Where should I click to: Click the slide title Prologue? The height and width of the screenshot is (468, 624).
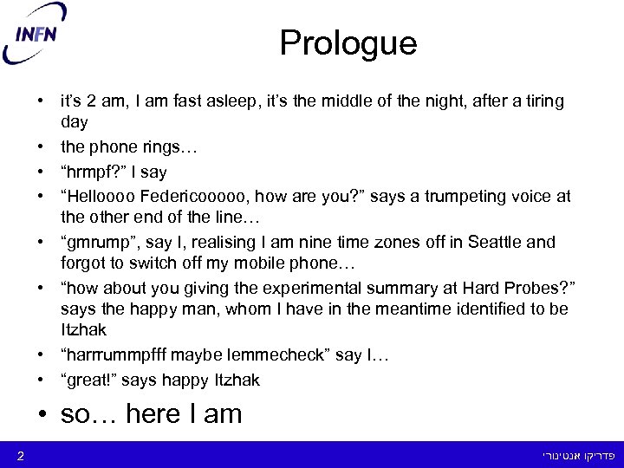click(x=348, y=42)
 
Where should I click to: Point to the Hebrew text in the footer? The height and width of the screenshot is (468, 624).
click(x=579, y=454)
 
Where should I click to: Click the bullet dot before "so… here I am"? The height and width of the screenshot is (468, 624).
click(x=42, y=414)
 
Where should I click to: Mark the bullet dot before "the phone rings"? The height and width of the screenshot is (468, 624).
click(x=41, y=148)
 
